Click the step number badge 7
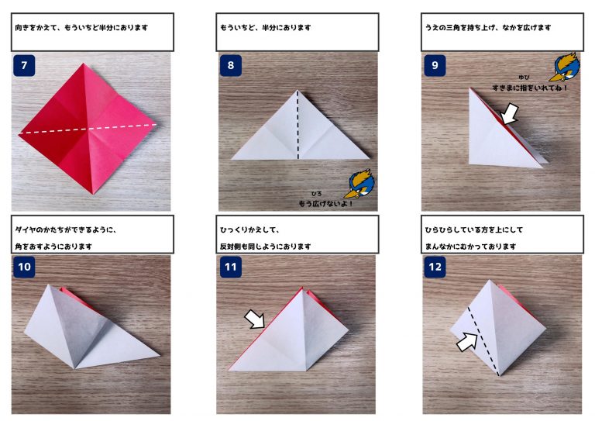pos(24,65)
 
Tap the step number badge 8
pos(231,65)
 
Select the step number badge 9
pos(435,65)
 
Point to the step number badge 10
pos(24,267)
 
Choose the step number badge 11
pos(231,267)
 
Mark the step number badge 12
pos(435,267)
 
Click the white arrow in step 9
pos(509,113)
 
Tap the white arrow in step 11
pos(255,319)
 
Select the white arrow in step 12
pos(467,341)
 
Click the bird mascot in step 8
pos(359,184)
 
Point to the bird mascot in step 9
pos(566,67)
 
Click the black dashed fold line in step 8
pos(297,125)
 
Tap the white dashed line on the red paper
pos(88,129)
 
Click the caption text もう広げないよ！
pos(326,203)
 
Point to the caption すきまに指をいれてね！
pos(530,88)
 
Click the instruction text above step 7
pos(81,28)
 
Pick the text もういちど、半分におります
pos(266,28)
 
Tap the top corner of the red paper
pos(83,64)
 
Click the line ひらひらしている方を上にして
pos(474,229)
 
